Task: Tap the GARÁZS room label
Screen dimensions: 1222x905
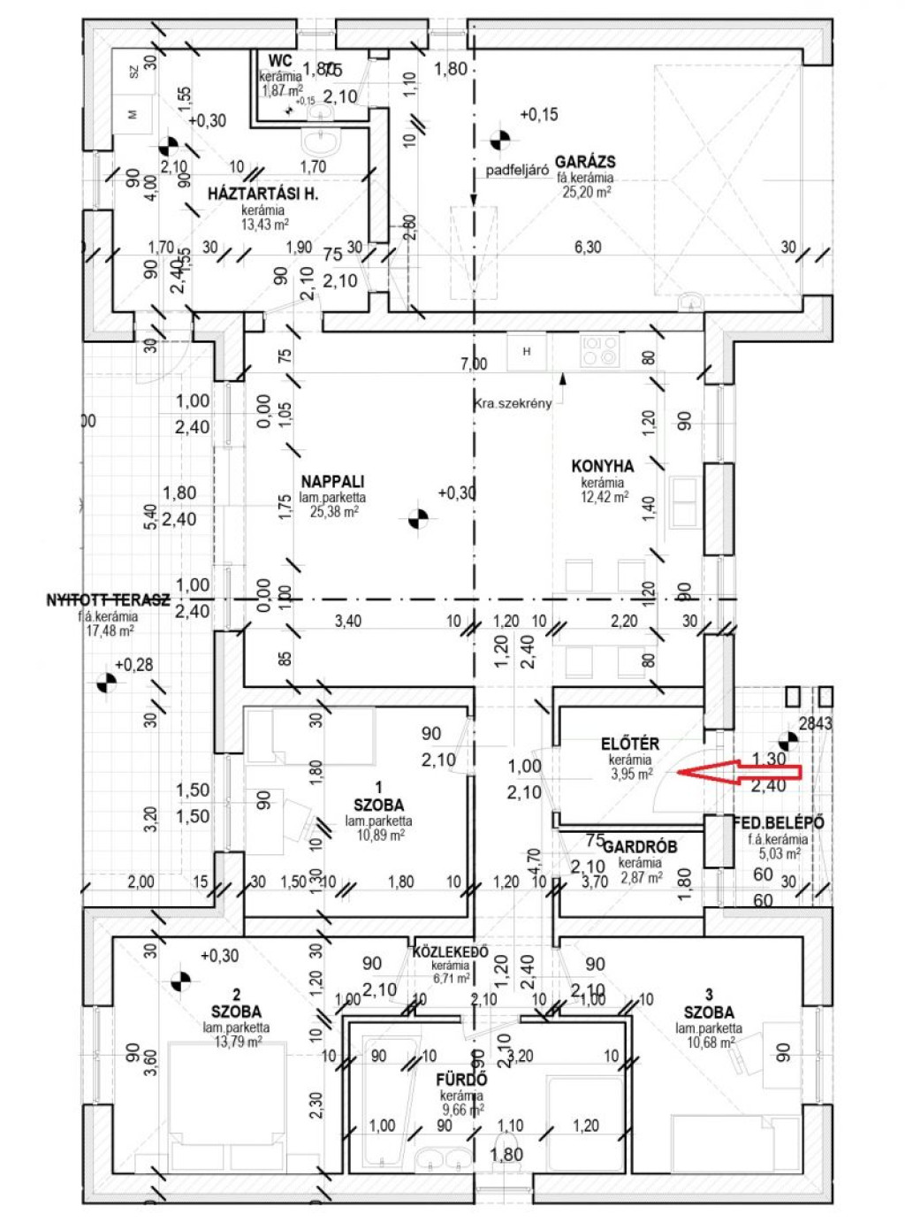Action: (585, 162)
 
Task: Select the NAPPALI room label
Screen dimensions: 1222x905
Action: (332, 482)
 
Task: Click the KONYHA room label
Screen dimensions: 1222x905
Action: (602, 466)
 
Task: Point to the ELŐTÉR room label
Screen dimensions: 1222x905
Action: (629, 745)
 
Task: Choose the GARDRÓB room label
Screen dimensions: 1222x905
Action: (641, 846)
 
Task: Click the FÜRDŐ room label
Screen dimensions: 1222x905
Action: (461, 1080)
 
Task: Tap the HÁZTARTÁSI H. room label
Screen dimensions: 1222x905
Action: (262, 194)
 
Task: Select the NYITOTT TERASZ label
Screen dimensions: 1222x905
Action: (107, 600)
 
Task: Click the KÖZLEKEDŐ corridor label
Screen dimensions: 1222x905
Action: (451, 952)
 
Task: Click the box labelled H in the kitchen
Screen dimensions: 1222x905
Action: (527, 352)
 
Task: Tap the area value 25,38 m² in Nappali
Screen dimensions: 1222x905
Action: (332, 511)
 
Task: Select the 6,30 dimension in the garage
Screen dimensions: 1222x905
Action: (588, 248)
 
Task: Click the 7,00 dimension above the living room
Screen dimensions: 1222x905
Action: (474, 363)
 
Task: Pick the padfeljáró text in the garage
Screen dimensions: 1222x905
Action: (517, 170)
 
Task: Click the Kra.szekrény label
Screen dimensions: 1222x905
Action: (513, 403)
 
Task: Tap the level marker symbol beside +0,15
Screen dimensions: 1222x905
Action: (499, 139)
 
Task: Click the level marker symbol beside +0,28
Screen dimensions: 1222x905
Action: (105, 683)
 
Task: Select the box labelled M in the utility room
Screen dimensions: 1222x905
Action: (133, 114)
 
